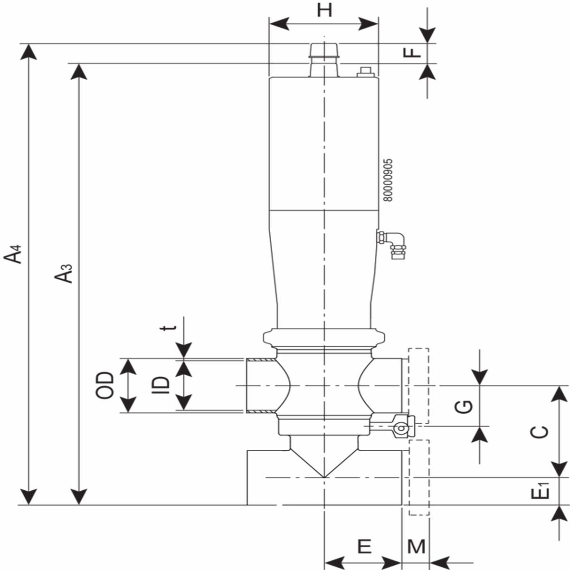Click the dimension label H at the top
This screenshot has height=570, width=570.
coord(324,11)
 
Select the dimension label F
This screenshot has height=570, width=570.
coord(412,53)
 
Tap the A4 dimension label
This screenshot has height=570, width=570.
coord(13,254)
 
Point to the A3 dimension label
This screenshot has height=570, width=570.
coord(63,273)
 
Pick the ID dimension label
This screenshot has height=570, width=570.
coord(161,385)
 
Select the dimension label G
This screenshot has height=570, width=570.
coord(464,407)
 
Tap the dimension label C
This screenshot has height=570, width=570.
coord(539,432)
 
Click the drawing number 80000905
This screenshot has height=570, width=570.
coord(388,180)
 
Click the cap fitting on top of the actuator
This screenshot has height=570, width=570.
coord(324,60)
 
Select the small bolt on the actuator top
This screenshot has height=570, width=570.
coord(366,72)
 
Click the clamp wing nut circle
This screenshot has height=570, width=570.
coord(401,428)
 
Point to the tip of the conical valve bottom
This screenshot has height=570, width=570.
coord(324,477)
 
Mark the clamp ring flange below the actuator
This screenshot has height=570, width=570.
coord(324,338)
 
